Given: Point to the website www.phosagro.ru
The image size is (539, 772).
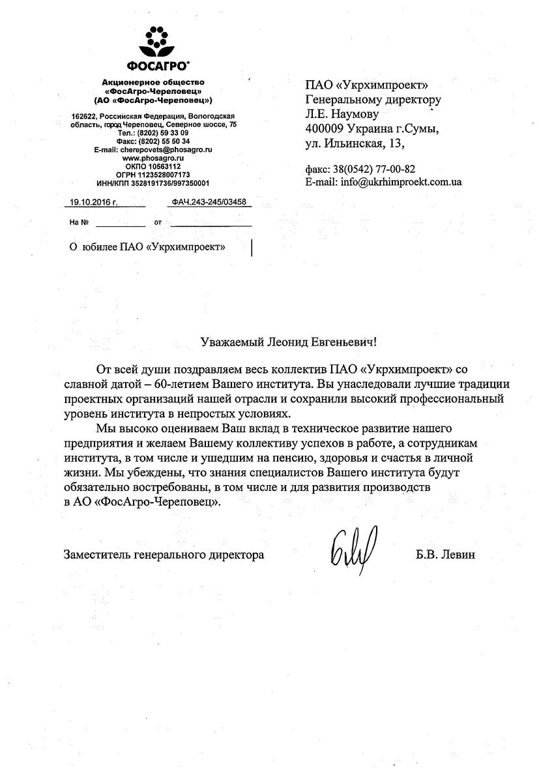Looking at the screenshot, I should click(153, 158).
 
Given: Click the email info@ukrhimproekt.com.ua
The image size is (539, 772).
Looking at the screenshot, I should click(401, 182).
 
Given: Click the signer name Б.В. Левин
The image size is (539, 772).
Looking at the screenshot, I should click(446, 556).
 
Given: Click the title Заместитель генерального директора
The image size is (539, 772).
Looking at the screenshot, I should click(164, 556).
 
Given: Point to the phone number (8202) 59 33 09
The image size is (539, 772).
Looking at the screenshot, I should click(163, 132).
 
